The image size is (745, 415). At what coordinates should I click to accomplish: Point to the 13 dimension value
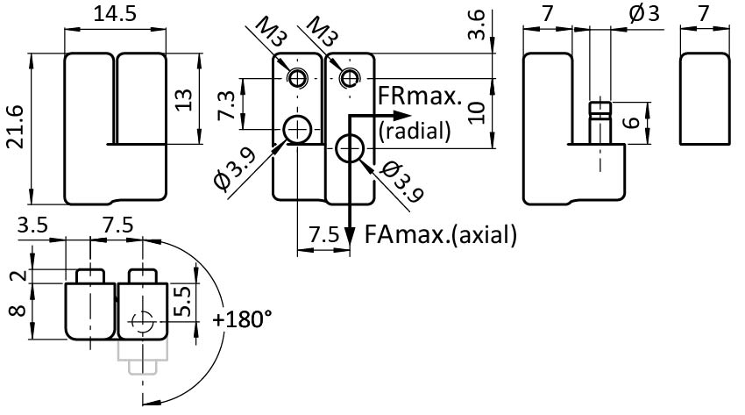coord(182,98)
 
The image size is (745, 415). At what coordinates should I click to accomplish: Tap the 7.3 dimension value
coord(227,104)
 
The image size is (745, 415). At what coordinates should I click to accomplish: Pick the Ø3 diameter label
coord(644,13)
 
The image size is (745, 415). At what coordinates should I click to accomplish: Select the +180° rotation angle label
coord(242,318)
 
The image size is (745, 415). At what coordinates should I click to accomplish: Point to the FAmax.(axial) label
coord(441,234)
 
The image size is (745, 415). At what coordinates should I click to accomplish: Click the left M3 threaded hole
coord(298,78)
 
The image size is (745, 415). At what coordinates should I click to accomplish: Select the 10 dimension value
coord(476,111)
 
